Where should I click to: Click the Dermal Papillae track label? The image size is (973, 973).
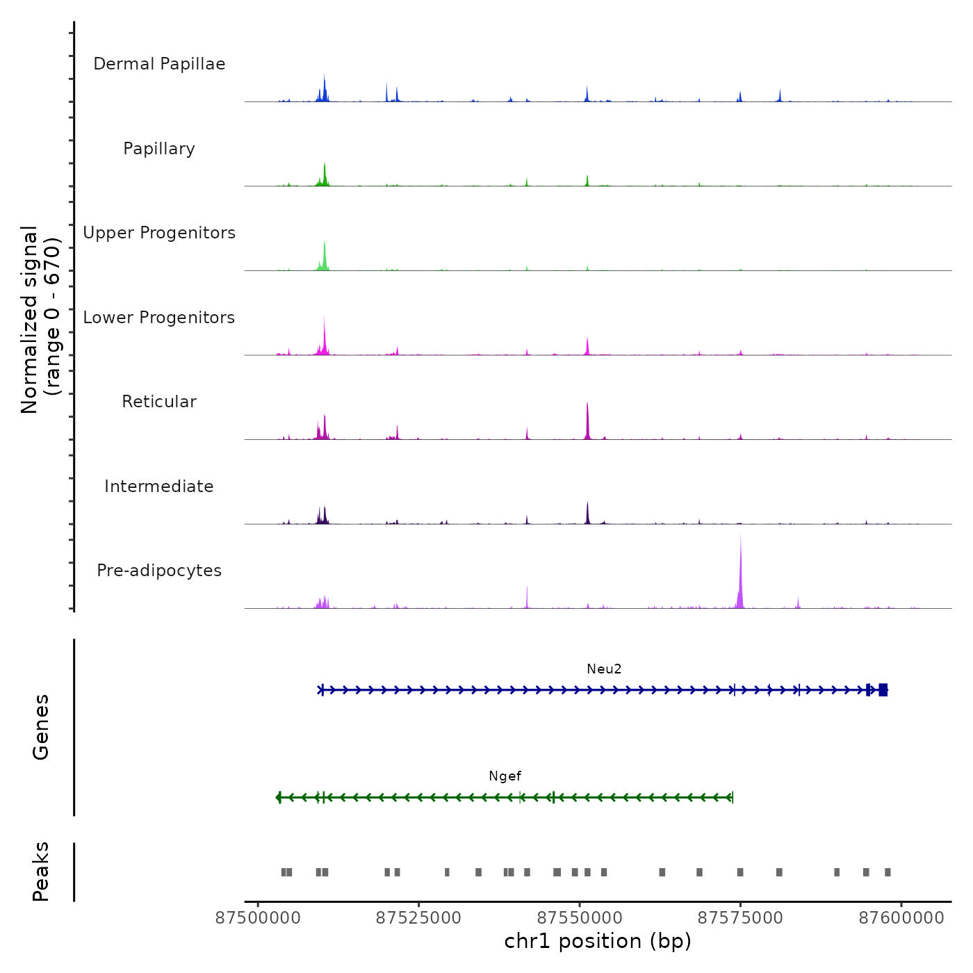pyautogui.click(x=159, y=64)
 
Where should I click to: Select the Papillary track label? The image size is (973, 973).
pyautogui.click(x=159, y=149)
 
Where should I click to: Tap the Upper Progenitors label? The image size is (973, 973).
pyautogui.click(x=159, y=233)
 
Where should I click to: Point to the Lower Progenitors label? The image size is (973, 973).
pyautogui.click(x=159, y=318)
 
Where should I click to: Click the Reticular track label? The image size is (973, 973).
pyautogui.click(x=159, y=402)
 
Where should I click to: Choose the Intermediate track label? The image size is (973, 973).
pyautogui.click(x=159, y=486)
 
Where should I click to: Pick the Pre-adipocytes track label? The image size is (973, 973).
pyautogui.click(x=159, y=571)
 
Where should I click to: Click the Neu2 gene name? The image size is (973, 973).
pyautogui.click(x=604, y=669)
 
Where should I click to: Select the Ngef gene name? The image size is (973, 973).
pyautogui.click(x=505, y=776)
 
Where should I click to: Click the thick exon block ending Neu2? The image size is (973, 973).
pyautogui.click(x=883, y=690)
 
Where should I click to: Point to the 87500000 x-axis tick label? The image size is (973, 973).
pyautogui.click(x=258, y=918)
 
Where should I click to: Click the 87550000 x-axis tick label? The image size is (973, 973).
pyautogui.click(x=580, y=918)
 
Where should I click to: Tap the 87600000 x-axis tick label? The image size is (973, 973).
pyautogui.click(x=901, y=918)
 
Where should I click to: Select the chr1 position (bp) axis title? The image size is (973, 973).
pyautogui.click(x=598, y=941)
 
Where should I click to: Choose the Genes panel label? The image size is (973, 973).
pyautogui.click(x=41, y=727)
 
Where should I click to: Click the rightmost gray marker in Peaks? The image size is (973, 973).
pyautogui.click(x=888, y=872)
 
